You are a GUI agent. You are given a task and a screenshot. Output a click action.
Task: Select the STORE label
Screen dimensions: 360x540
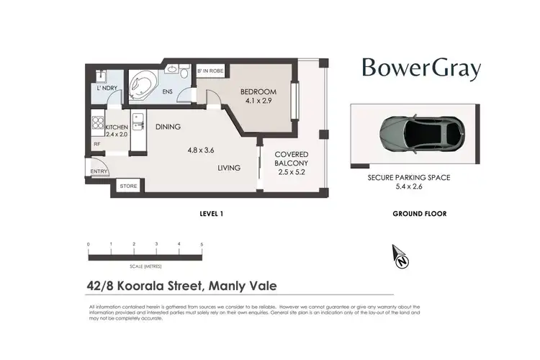tap(128, 186)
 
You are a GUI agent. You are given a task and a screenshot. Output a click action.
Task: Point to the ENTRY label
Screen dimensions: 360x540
tap(99, 171)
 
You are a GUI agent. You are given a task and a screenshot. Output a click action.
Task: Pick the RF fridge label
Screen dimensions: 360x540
tap(96, 144)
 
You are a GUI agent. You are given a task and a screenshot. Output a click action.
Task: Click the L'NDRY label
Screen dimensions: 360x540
tap(107, 89)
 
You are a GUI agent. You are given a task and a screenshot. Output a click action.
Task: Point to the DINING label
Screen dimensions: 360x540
tap(168, 127)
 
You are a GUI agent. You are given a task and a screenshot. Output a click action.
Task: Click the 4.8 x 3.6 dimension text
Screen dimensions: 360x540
tap(202, 150)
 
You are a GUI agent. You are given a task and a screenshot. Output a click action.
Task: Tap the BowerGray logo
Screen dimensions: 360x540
tap(421, 69)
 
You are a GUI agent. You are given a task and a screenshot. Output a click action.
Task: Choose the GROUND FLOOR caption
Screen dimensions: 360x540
tap(419, 214)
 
